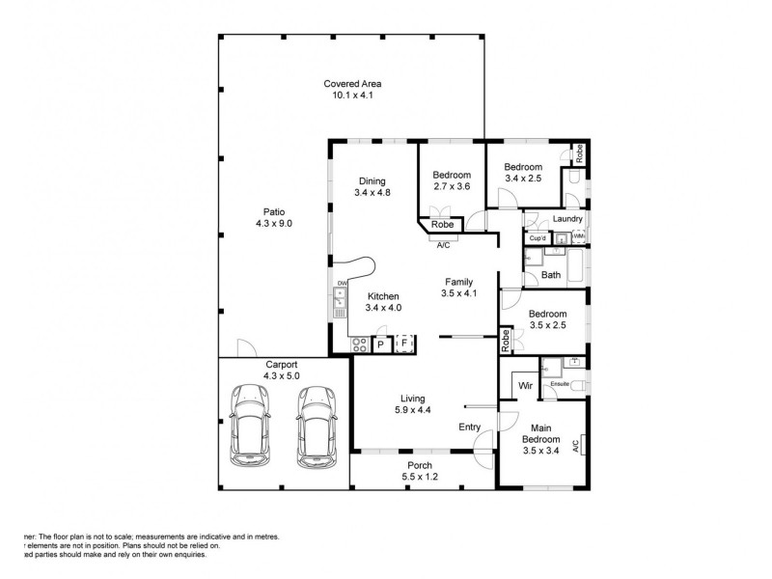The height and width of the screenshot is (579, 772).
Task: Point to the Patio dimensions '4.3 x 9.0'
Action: [273, 223]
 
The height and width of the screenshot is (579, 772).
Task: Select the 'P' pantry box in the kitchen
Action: [380, 344]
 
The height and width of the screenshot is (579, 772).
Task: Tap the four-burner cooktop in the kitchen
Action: [359, 344]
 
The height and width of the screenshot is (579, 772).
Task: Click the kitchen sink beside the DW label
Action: [340, 303]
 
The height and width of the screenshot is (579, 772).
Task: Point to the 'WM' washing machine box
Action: [578, 237]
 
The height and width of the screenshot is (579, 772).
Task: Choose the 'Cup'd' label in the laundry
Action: [538, 237]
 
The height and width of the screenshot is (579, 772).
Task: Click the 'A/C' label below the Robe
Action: [443, 245]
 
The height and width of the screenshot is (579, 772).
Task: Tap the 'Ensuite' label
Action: [559, 384]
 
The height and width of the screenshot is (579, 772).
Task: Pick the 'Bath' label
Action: [550, 275]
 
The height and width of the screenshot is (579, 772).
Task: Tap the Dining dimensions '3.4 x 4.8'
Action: [372, 192]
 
